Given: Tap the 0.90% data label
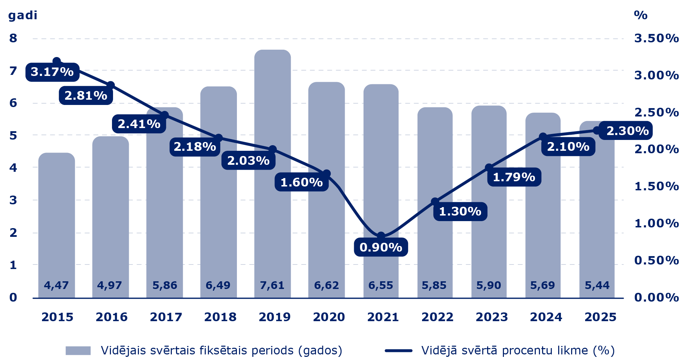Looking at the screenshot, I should click(381, 247).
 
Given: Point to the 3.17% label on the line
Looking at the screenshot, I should click(52, 72).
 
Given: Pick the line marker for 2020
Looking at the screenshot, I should click(327, 174).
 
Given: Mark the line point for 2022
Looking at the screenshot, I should click(435, 202).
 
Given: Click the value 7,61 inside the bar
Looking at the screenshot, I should click(272, 285).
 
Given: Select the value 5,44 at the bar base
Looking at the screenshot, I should click(597, 285).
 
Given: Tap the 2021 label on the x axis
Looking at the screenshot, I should click(383, 317).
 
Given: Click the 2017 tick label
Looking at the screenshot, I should click(166, 317).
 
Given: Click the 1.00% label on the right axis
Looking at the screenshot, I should click(656, 223).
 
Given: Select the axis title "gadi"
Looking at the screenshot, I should click(22, 15).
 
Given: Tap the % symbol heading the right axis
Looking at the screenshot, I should click(640, 15).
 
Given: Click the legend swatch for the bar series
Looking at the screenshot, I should click(78, 351).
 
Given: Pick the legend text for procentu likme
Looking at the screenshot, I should click(518, 350).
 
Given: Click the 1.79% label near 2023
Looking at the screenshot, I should click(514, 177).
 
